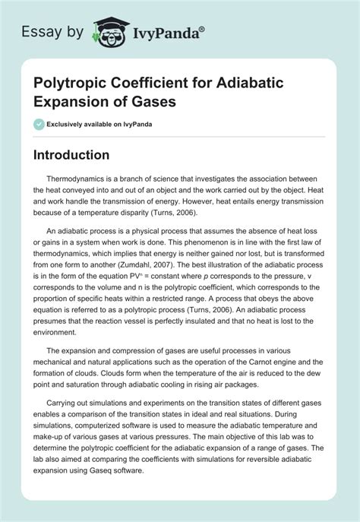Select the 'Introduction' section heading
[82, 154]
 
